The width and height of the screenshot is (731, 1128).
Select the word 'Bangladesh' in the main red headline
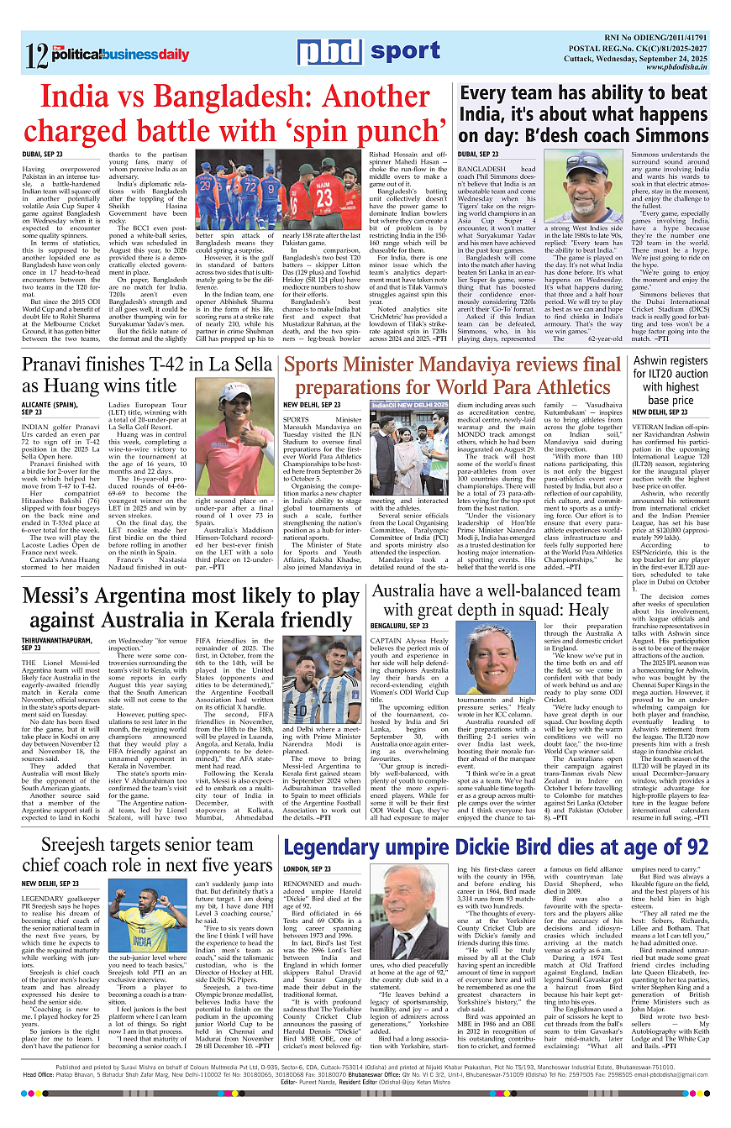pos(240,98)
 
